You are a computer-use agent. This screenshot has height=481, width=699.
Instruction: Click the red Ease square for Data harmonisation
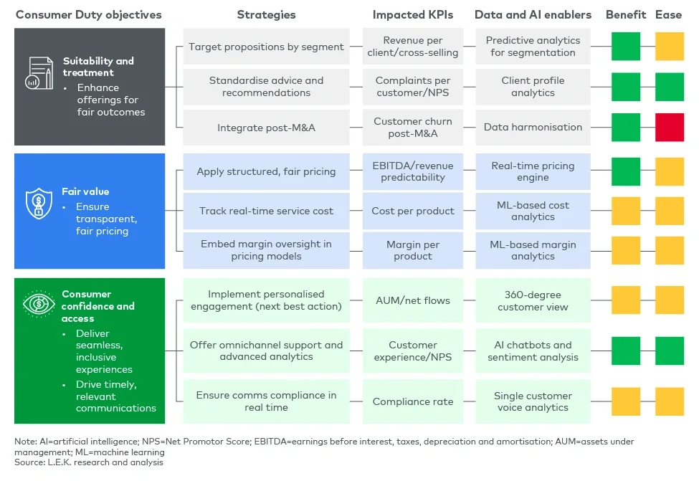click(670, 128)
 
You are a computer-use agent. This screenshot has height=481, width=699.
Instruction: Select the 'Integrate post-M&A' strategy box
click(266, 128)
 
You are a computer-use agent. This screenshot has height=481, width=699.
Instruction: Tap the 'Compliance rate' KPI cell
click(413, 401)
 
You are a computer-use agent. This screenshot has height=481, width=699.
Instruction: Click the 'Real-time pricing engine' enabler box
click(533, 171)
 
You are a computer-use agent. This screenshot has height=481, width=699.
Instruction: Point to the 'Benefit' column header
click(626, 14)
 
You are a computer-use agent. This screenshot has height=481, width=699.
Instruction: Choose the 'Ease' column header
click(669, 14)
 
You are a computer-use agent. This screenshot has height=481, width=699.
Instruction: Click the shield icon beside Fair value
click(39, 204)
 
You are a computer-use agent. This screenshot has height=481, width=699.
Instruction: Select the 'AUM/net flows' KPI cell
click(413, 300)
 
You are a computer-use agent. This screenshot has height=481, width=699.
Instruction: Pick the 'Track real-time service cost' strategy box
click(266, 211)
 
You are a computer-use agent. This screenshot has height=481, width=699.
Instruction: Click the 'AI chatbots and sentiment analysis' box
click(533, 351)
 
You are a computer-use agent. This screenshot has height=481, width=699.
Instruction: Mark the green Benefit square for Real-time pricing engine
click(626, 171)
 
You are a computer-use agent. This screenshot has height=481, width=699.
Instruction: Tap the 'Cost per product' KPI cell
click(413, 211)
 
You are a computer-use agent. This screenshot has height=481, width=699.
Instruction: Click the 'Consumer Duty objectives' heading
click(89, 14)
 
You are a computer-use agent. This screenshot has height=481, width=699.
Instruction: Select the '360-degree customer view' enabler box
click(533, 300)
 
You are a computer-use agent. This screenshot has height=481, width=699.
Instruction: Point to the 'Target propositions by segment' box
click(266, 47)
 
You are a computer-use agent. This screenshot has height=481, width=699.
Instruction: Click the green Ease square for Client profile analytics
click(670, 87)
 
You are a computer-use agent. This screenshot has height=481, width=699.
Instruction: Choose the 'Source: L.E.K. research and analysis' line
click(89, 462)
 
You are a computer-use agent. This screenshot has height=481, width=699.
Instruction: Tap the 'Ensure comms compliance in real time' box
click(266, 401)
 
